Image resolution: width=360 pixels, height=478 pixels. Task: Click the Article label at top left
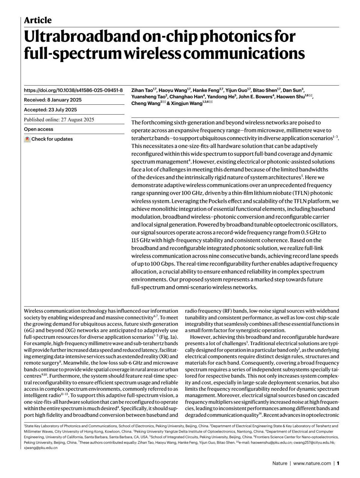pyautogui.click(x=38, y=20)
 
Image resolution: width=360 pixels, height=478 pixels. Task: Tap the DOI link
pyautogui.click(x=73, y=90)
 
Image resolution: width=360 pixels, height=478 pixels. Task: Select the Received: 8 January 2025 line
pyautogui.click(x=53, y=100)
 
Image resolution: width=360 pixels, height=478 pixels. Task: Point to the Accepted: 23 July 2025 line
pyautogui.click(x=50, y=110)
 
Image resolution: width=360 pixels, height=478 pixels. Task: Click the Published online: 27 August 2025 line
pyautogui.click(x=59, y=119)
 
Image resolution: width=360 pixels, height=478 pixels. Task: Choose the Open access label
pyautogui.click(x=38, y=129)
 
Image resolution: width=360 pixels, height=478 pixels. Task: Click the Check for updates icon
pyautogui.click(x=27, y=139)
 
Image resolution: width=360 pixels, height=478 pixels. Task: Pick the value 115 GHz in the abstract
pyautogui.click(x=141, y=240)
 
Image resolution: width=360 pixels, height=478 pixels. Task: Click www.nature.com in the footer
pyautogui.click(x=312, y=463)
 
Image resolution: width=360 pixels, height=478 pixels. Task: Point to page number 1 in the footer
pyautogui.click(x=338, y=463)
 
